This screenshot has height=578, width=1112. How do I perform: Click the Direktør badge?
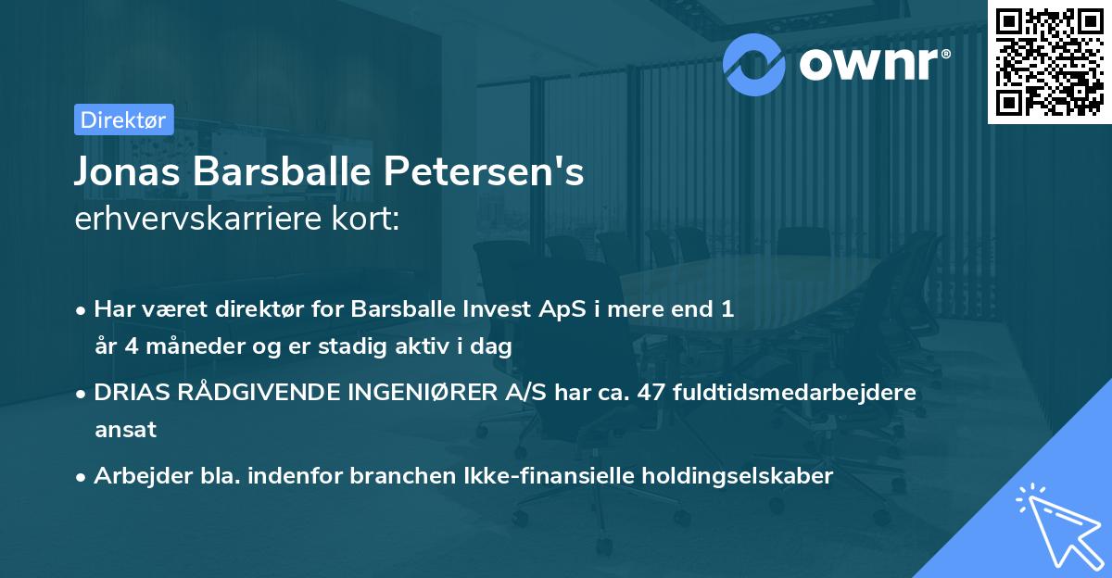tap(122, 119)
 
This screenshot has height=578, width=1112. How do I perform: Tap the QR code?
tap(1049, 62)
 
